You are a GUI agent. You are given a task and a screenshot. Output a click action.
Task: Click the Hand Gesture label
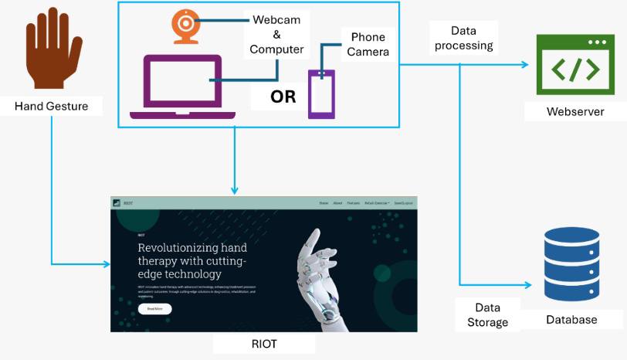pos(51,107)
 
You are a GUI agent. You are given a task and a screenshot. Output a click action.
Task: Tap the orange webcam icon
pos(185,25)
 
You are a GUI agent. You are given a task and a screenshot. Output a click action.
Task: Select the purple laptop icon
pos(182,86)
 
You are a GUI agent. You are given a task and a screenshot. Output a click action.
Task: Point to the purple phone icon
pos(321,93)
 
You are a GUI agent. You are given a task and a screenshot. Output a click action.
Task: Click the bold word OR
pos(283,97)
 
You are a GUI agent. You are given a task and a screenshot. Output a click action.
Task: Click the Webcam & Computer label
pos(276,35)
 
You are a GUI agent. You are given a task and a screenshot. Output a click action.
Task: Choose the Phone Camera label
pos(368,45)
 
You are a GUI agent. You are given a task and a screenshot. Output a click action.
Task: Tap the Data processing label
pos(463,38)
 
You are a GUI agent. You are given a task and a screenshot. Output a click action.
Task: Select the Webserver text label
pos(575,112)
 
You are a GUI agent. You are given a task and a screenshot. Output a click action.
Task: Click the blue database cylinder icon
pos(571,265)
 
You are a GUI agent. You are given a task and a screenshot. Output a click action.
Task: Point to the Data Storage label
pos(488,315)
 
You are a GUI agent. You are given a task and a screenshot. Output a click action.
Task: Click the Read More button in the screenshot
pos(154,308)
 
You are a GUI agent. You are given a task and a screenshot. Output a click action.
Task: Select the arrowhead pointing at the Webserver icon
pos(530,65)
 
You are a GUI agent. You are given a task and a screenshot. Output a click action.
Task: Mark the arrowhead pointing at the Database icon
pos(530,285)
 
